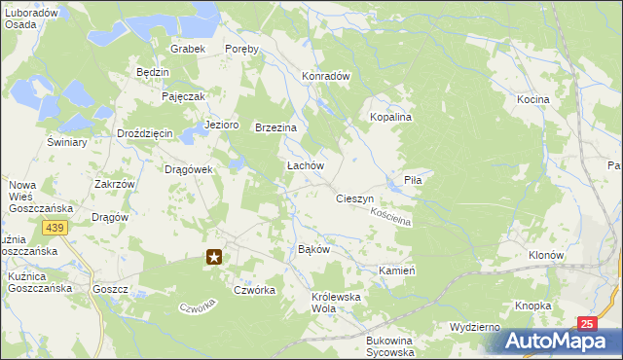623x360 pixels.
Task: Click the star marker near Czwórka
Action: pyautogui.click(x=215, y=258)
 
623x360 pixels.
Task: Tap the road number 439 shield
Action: pyautogui.click(x=55, y=227)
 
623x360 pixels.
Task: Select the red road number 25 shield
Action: pyautogui.click(x=585, y=323)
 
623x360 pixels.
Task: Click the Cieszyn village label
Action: pyautogui.click(x=355, y=198)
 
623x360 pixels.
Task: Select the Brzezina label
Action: pyautogui.click(x=275, y=127)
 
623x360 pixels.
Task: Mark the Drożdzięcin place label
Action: pyautogui.click(x=144, y=133)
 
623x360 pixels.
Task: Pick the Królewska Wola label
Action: pyautogui.click(x=336, y=302)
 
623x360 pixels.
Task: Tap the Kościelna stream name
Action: pyautogui.click(x=393, y=216)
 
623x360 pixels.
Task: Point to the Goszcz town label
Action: pyautogui.click(x=111, y=289)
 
